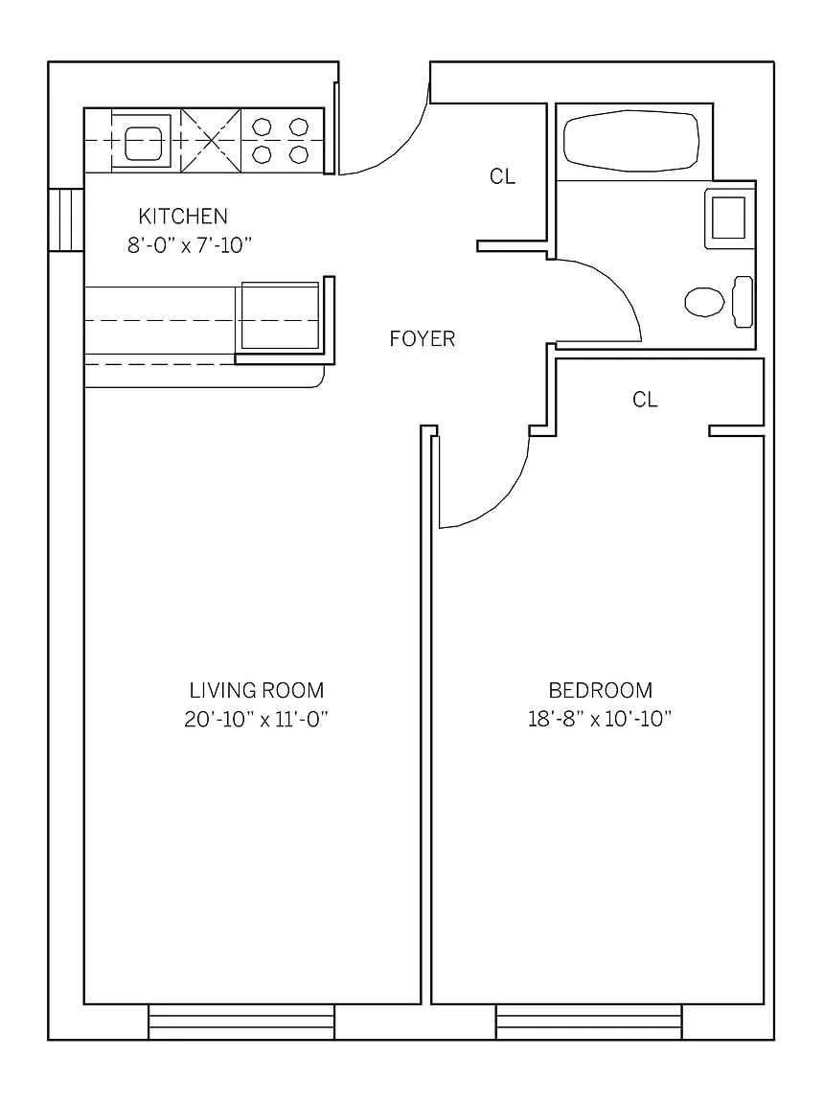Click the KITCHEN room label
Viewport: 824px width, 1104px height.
pyautogui.click(x=183, y=216)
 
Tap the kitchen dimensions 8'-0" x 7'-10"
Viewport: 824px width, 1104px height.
pyautogui.click(x=190, y=245)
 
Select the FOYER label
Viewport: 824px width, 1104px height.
pyautogui.click(x=423, y=338)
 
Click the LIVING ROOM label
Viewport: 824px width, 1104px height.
pyautogui.click(x=257, y=689)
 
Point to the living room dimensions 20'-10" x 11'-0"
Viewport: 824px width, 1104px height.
pyautogui.click(x=257, y=719)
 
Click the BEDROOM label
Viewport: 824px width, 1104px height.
pyautogui.click(x=600, y=689)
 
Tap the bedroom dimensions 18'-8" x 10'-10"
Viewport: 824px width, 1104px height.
pyautogui.click(x=600, y=719)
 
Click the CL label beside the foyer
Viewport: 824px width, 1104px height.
pyautogui.click(x=502, y=176)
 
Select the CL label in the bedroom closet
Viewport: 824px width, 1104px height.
pyautogui.click(x=645, y=400)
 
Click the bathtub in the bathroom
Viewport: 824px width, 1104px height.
pyautogui.click(x=631, y=141)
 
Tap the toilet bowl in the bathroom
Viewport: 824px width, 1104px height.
pyautogui.click(x=704, y=301)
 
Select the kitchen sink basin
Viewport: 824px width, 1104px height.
pyautogui.click(x=144, y=142)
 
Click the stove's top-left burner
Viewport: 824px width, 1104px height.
pyautogui.click(x=262, y=127)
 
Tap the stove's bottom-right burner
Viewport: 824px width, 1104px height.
pyautogui.click(x=299, y=154)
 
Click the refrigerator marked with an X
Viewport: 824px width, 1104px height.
pyautogui.click(x=211, y=140)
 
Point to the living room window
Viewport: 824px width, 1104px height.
pyautogui.click(x=241, y=1023)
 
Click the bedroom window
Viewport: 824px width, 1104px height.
pyautogui.click(x=589, y=1023)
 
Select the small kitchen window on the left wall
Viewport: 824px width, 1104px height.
pyautogui.click(x=66, y=219)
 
